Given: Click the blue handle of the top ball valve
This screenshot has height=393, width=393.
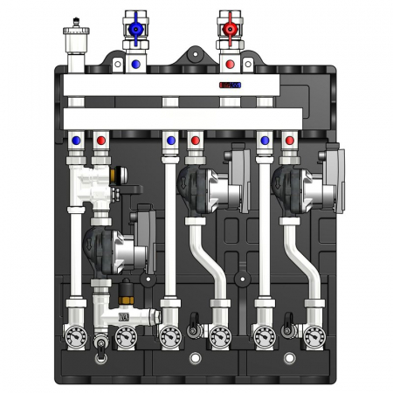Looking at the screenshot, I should pos(134,29).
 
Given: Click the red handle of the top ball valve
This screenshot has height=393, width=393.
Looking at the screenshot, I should pos(231,29).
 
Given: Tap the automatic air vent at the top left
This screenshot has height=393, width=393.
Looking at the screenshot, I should pos(72,39).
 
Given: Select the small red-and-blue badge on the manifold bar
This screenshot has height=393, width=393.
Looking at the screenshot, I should pos(230,86).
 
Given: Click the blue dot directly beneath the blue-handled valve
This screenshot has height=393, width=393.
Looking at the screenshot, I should pos(134,64).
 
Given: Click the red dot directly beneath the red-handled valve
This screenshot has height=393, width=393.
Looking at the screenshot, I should pos(231,64).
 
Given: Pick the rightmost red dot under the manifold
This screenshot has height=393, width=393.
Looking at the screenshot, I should pos(286,139).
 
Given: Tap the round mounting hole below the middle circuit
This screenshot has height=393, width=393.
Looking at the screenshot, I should pos(194,358).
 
